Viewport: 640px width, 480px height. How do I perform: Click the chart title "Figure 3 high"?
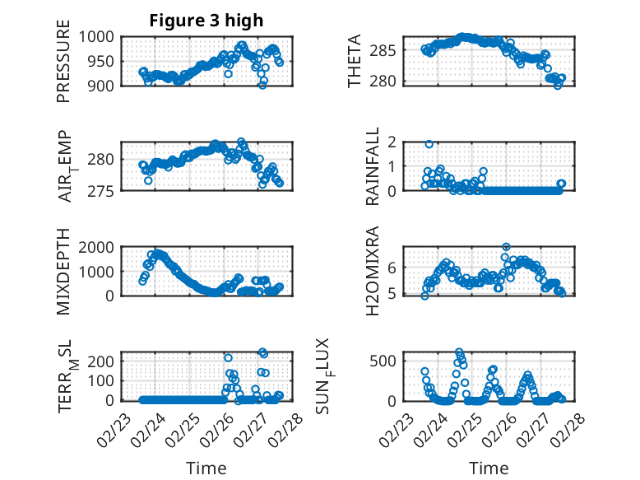206,21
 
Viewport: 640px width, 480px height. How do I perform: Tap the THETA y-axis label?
355,61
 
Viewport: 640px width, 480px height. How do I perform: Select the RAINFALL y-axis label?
373,166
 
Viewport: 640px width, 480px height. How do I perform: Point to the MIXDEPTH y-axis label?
63,272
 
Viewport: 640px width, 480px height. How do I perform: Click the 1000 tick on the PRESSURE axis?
102,37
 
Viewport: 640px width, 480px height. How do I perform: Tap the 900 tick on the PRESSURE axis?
106,85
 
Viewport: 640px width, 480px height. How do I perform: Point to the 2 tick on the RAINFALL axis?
392,142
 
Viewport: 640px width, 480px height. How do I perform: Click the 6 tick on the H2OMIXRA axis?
392,267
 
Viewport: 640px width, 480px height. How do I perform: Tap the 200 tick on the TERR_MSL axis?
106,361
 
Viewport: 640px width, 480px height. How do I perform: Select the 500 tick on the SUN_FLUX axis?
387,361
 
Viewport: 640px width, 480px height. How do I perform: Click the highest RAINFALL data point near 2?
429,144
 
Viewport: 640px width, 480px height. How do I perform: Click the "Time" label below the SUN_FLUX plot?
489,468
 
